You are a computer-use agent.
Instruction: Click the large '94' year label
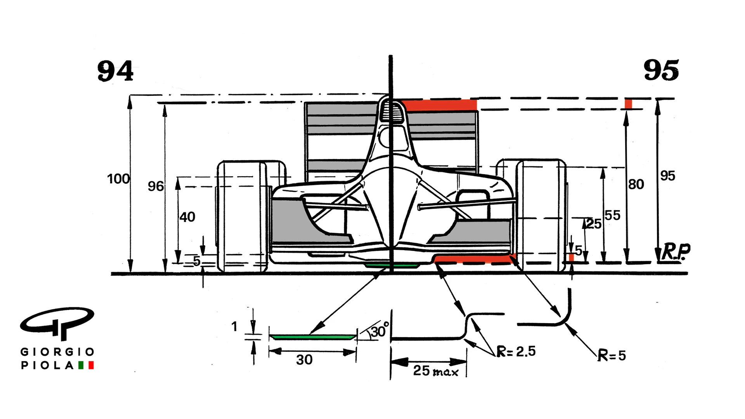click(x=115, y=71)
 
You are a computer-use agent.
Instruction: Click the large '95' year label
click(x=661, y=71)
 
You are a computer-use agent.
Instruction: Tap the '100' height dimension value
click(x=118, y=179)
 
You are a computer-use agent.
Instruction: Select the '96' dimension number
click(x=156, y=187)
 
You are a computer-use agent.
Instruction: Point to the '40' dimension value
click(x=187, y=217)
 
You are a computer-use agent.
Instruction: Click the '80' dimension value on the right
click(x=636, y=184)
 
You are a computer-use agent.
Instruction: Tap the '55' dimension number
click(x=612, y=215)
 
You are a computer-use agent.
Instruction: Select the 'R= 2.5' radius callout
click(x=516, y=351)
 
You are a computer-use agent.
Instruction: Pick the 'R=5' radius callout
click(x=612, y=355)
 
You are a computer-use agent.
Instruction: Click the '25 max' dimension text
click(x=435, y=371)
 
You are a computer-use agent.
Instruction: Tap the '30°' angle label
click(x=379, y=331)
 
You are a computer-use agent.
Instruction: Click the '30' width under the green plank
click(x=304, y=360)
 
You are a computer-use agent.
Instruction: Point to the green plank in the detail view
click(x=313, y=336)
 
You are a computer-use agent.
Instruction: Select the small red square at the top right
click(x=628, y=104)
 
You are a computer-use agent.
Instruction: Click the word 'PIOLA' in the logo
click(x=47, y=365)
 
